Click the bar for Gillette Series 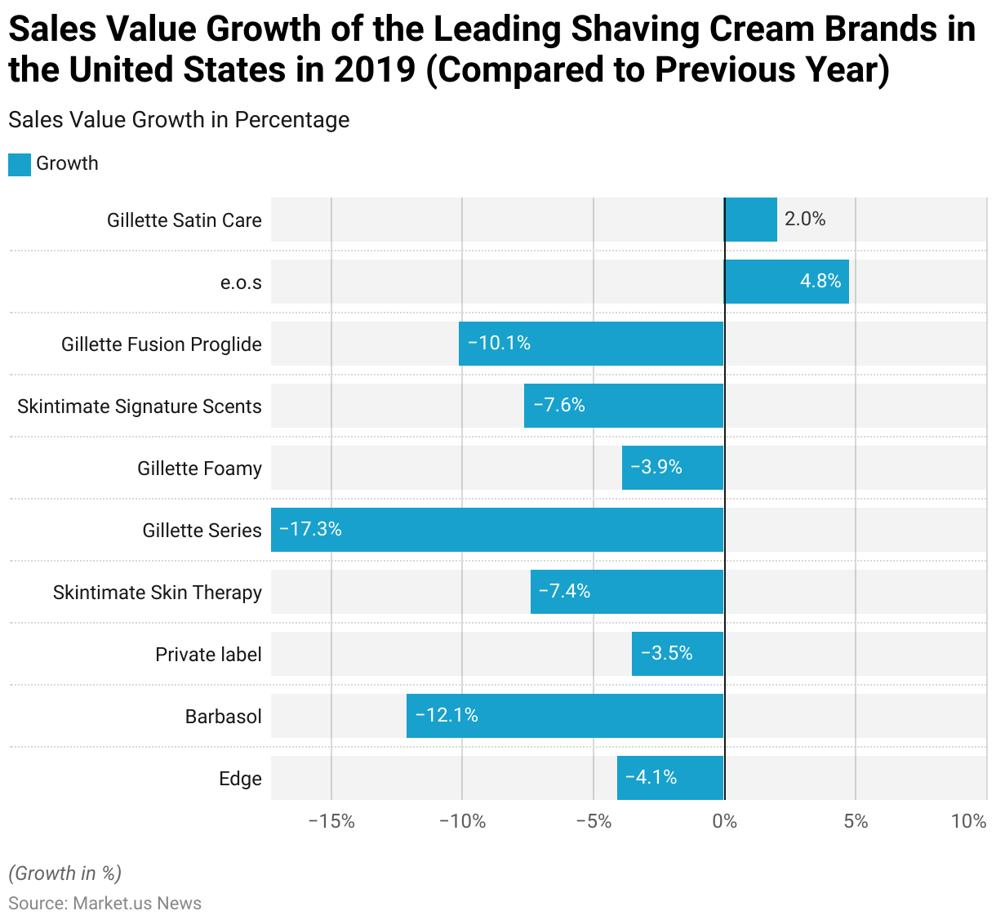click(497, 530)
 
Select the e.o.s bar click(786, 282)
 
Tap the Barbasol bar click(565, 716)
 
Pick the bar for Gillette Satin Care click(750, 220)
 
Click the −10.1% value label click(499, 343)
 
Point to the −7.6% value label click(559, 405)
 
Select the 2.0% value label click(805, 219)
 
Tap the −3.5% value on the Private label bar click(666, 653)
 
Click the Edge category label click(240, 779)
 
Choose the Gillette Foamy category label click(199, 469)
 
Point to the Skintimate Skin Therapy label click(158, 593)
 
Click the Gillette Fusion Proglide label click(162, 344)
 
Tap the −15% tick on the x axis click(331, 821)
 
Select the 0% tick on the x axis click(724, 821)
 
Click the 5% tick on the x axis click(856, 821)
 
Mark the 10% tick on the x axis click(969, 821)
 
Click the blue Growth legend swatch click(20, 164)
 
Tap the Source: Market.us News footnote click(104, 904)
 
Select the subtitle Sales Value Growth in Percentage click(179, 120)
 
